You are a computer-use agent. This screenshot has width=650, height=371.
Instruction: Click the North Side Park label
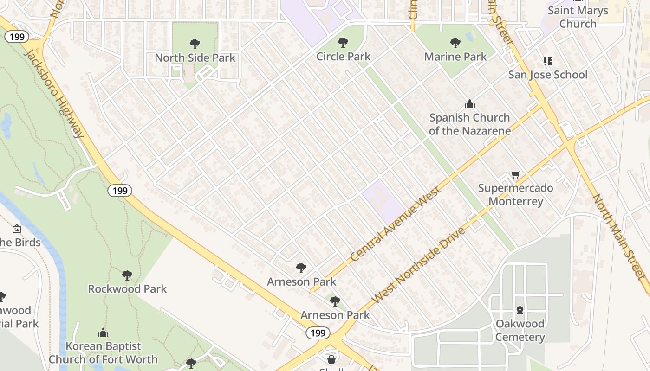click(195, 58)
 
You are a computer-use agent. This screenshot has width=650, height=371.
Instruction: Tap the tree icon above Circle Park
click(343, 43)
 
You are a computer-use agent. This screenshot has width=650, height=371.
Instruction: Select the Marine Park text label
click(455, 57)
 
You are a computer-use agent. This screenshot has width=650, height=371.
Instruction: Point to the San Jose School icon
click(548, 61)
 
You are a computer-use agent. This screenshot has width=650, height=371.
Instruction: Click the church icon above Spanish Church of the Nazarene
click(470, 103)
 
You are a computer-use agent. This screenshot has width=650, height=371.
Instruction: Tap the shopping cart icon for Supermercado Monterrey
click(515, 175)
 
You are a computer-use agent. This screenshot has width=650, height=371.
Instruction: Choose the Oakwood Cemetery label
click(520, 330)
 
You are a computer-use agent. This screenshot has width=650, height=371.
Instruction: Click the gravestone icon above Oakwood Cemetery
click(520, 310)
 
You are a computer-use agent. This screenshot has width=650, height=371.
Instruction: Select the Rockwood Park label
click(127, 289)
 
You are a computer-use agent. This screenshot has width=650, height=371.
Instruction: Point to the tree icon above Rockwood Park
click(127, 275)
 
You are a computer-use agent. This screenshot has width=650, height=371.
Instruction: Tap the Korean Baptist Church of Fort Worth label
click(103, 352)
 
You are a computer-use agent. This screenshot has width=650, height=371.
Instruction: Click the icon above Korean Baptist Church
click(103, 333)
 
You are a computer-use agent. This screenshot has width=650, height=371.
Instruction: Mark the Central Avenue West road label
click(396, 224)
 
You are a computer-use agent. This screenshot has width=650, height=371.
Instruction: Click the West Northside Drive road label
click(419, 265)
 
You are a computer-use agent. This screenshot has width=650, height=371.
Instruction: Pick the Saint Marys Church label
click(578, 17)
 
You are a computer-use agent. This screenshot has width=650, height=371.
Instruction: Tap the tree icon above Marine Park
click(455, 43)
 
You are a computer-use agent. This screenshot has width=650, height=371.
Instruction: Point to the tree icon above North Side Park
click(195, 45)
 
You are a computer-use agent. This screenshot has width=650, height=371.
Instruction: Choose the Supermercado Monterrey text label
click(515, 195)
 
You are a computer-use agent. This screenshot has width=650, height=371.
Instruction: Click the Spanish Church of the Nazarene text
click(470, 124)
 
